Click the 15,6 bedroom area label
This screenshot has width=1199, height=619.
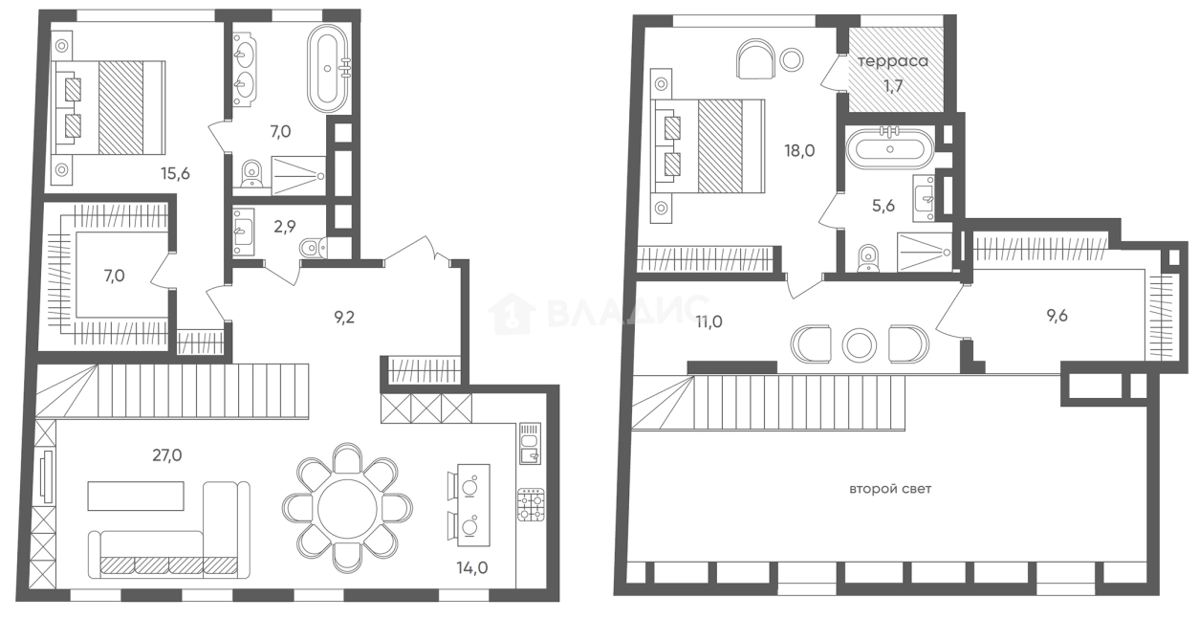coord(175,173)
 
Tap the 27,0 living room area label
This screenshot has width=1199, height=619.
coord(167,455)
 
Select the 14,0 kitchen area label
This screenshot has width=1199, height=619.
coord(472,567)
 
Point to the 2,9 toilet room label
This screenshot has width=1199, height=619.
coord(285,227)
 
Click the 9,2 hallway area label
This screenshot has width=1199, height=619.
coord(344,318)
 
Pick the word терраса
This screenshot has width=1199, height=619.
coord(893,61)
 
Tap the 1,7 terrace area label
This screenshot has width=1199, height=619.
coord(893,86)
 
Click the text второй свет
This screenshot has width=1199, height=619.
coord(890,489)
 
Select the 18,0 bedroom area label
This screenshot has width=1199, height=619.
coord(799,151)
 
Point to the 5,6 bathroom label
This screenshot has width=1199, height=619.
coord(883,206)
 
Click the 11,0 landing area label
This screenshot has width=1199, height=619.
coord(708,321)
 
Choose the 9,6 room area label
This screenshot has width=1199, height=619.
coord(1057,316)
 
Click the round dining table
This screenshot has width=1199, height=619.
coord(347,509)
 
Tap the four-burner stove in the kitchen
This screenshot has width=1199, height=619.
coord(531,504)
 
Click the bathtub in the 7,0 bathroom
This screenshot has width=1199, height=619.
coord(329,68)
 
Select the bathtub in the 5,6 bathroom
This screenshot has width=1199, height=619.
coord(890,149)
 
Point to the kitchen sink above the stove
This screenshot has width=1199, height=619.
coord(530,443)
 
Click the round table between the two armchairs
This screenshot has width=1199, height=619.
coord(860,344)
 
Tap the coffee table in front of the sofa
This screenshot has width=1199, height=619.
coord(136,496)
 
